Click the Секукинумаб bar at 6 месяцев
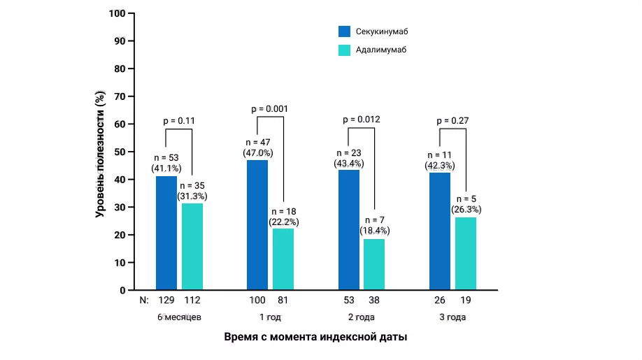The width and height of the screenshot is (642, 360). [x=166, y=233]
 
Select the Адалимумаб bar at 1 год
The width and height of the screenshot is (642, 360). [x=283, y=259]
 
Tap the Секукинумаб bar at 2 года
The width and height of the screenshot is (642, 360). [x=349, y=230]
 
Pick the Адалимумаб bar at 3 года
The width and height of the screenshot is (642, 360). [x=465, y=254]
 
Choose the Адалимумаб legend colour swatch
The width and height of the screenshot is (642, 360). [x=345, y=50]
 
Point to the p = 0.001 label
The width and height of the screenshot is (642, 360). [x=269, y=108]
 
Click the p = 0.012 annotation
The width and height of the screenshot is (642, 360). [x=362, y=120]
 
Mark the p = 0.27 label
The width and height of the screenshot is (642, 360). [x=452, y=120]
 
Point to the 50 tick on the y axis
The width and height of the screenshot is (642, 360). [x=120, y=152]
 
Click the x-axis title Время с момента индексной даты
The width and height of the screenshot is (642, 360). [x=315, y=337]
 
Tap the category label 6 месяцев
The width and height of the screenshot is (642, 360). [x=179, y=317]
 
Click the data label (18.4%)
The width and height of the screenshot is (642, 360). [x=374, y=230]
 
